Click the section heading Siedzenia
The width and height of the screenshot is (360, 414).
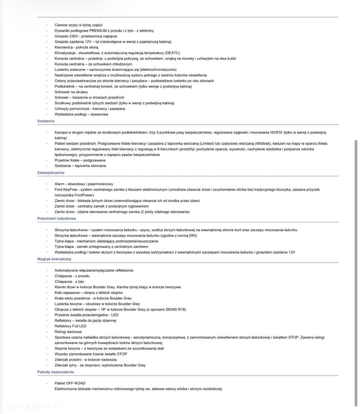(x=46, y=121)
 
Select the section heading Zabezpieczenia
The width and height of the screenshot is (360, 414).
(x=51, y=172)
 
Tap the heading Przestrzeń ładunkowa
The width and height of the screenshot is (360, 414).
(x=56, y=218)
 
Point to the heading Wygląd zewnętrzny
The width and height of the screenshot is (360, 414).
(x=54, y=259)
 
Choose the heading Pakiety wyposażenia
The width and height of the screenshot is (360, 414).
(x=56, y=372)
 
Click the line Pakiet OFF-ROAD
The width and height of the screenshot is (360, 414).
(x=70, y=383)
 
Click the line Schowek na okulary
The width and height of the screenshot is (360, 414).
(x=72, y=92)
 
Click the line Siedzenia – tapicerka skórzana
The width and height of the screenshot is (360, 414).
(x=80, y=166)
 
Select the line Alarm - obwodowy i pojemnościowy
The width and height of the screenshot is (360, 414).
(x=84, y=184)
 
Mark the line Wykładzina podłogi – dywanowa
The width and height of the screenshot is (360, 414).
(x=81, y=114)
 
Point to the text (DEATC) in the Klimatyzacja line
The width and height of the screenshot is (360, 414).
(x=173, y=53)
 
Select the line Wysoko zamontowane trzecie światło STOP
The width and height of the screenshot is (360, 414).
(x=91, y=354)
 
